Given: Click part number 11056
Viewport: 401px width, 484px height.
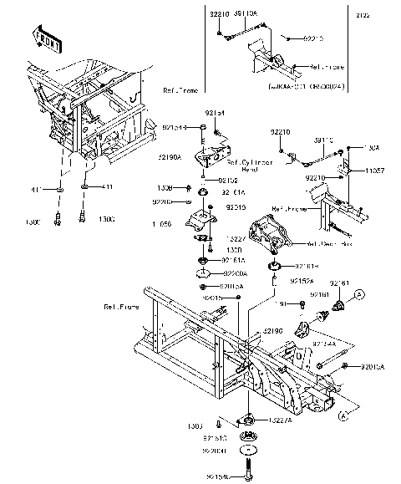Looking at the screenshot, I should (x=161, y=225).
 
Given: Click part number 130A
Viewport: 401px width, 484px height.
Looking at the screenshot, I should (x=372, y=146).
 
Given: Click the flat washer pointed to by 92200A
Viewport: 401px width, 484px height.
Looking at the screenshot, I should (x=203, y=273).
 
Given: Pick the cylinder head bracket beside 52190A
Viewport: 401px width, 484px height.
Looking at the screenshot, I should (x=206, y=160).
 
